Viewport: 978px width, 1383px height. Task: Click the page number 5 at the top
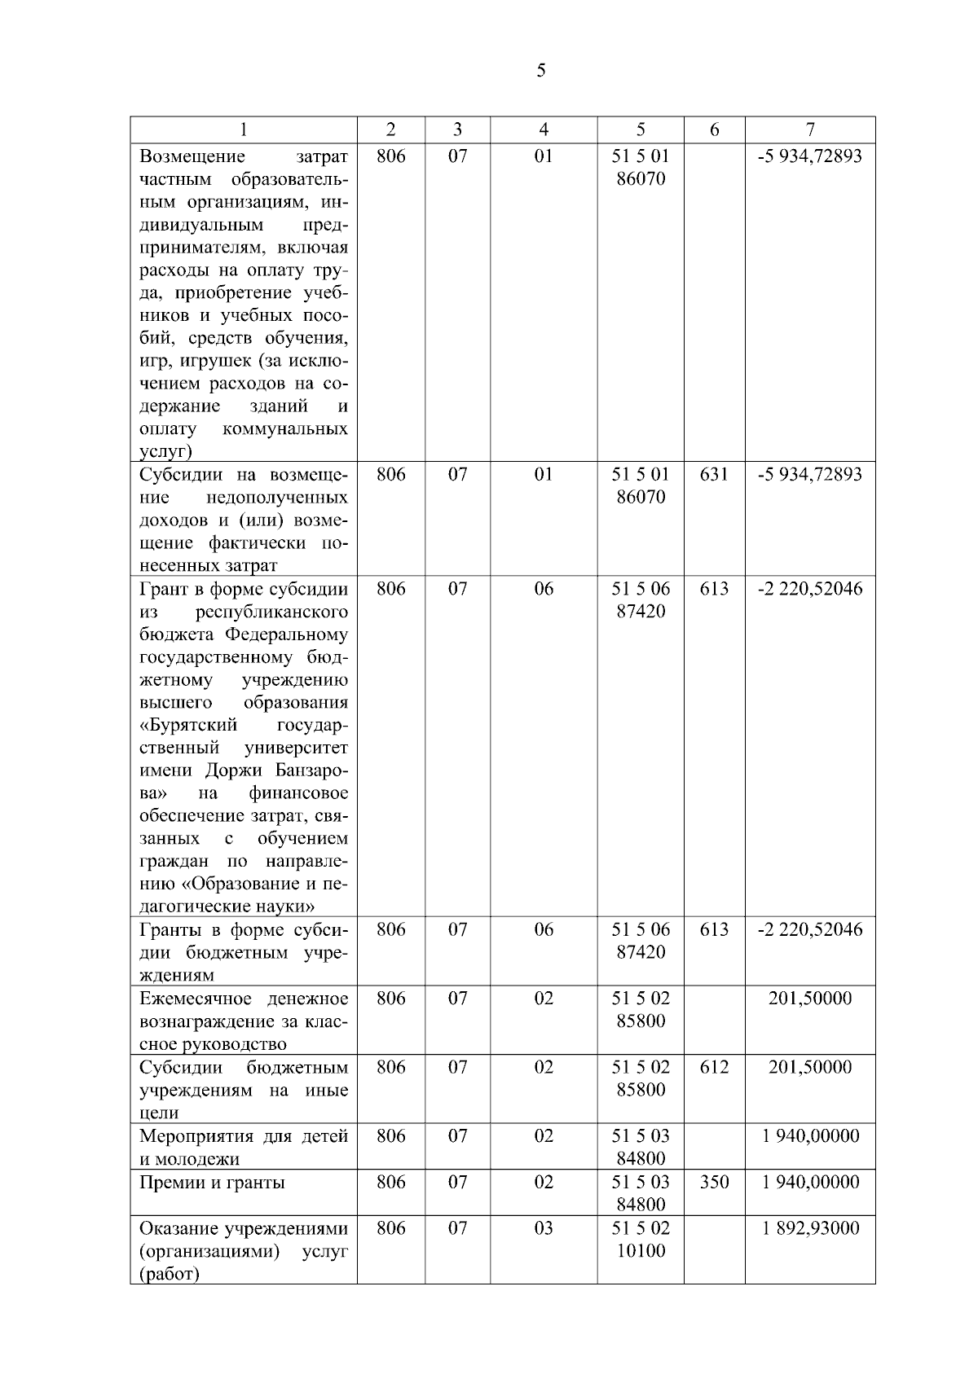[x=541, y=72]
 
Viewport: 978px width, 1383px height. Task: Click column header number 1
[x=243, y=130]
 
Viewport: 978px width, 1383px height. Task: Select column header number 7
[x=809, y=130]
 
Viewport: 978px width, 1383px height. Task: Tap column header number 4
[x=544, y=130]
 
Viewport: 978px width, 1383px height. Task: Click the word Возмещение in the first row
[x=192, y=156]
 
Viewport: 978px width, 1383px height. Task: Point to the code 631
[x=714, y=474]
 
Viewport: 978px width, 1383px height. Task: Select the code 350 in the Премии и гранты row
[x=714, y=1182]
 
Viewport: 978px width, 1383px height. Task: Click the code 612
[x=714, y=1067]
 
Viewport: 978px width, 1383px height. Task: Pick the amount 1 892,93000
[x=810, y=1228]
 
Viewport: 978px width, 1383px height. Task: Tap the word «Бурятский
[x=188, y=725]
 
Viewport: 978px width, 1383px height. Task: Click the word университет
[x=296, y=748]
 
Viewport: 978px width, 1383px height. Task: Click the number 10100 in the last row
[x=641, y=1250]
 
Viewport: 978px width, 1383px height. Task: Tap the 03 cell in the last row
[x=544, y=1228]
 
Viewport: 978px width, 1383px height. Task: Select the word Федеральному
[x=286, y=634]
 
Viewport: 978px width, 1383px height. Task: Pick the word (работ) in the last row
[x=170, y=1274]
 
